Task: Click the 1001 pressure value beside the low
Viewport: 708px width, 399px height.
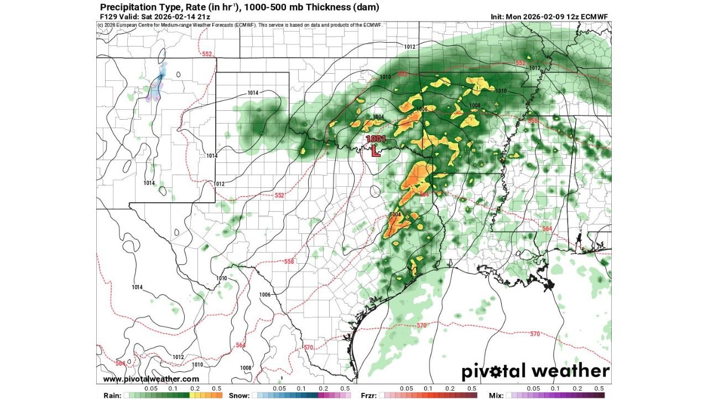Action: click(375, 140)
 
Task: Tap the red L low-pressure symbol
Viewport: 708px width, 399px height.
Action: click(376, 151)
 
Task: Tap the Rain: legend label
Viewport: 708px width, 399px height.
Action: click(113, 396)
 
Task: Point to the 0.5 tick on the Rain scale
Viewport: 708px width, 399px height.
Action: click(217, 388)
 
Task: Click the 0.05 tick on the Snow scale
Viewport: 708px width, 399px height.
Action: click(279, 388)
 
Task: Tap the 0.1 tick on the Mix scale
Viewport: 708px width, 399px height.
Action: click(555, 388)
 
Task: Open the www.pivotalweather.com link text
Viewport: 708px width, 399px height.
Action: click(151, 379)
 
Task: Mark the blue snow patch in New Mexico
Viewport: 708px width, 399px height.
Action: click(163, 73)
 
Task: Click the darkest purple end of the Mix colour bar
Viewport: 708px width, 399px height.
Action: click(602, 396)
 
